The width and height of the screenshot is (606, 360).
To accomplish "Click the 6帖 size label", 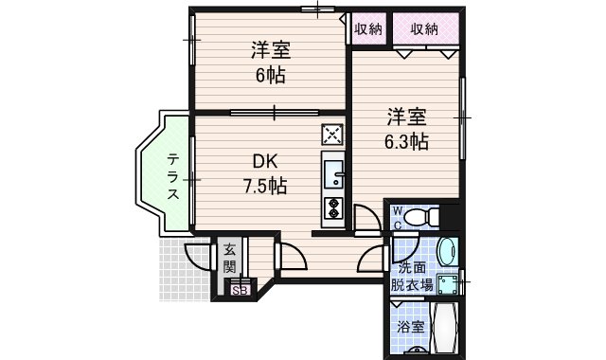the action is (x=271, y=75).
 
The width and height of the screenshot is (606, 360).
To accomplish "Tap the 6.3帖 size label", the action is (x=406, y=142).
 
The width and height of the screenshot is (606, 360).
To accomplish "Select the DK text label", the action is (x=265, y=161).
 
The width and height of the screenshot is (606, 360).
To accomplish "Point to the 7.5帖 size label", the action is (x=265, y=186).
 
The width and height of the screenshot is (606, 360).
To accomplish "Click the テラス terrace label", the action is (x=173, y=176).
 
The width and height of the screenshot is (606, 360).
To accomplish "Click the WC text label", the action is (x=398, y=218).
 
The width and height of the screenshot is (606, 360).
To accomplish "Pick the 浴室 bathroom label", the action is (x=411, y=327).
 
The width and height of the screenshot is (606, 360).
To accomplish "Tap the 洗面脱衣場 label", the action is (x=412, y=276).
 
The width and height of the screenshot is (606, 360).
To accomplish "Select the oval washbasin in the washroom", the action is (x=448, y=251).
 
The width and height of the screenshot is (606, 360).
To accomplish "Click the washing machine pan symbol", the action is (x=449, y=284).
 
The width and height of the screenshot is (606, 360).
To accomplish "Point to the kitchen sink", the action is (x=333, y=174).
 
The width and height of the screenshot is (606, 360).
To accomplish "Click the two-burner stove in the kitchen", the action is (x=332, y=208).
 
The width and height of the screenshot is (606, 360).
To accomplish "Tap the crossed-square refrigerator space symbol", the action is (x=332, y=135).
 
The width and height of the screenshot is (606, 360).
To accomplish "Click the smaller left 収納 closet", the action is (x=368, y=29).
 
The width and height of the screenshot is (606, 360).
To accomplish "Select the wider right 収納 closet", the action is (x=426, y=29).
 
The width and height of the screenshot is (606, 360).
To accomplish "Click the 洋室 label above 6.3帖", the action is (x=407, y=117).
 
